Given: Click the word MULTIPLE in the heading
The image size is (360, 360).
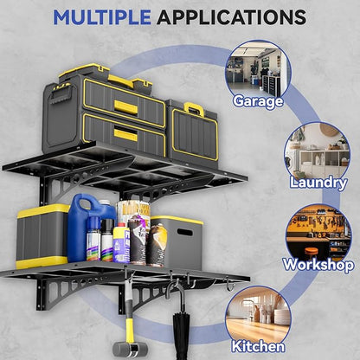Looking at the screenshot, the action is point(102,17).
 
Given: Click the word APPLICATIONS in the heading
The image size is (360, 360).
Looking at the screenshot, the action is point(231,17).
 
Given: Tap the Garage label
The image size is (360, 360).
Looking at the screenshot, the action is point(258,101).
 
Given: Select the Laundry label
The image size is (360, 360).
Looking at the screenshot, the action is point(318,183).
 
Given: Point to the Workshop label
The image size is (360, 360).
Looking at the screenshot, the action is point(318,265).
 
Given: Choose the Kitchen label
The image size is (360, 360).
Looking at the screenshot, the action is point(258,346).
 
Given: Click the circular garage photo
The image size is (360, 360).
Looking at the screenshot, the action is point(258,71).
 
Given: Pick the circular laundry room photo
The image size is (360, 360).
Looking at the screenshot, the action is point(318,153).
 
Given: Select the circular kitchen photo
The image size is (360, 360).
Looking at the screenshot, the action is point(258,317).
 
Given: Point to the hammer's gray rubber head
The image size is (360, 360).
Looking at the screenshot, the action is point(130,349).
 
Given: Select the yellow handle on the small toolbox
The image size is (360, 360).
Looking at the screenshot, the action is point(195,108).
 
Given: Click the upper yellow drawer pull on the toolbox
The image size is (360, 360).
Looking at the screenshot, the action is point(125,106).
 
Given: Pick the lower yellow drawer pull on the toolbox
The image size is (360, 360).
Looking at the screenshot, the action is point(125,135).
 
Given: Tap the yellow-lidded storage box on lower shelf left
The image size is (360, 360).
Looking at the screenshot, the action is point(42,236).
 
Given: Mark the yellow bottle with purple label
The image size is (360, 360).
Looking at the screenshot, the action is point(121,243).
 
